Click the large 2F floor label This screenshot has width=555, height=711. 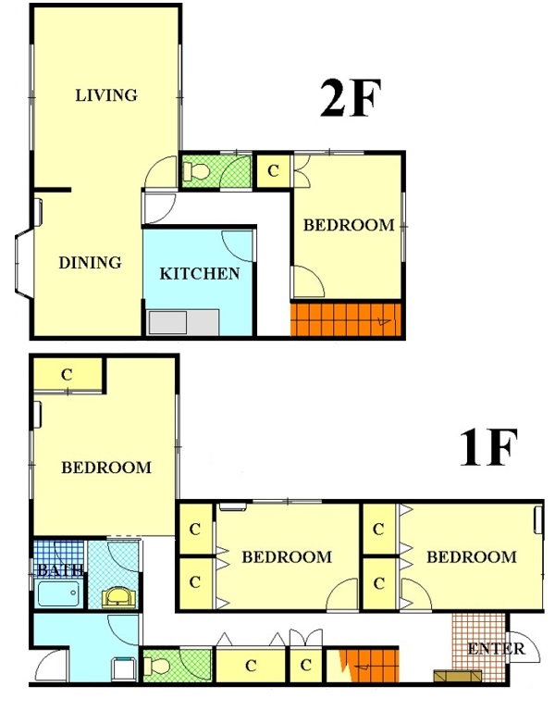[x=350, y=98]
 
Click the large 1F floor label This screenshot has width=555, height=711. [x=488, y=448]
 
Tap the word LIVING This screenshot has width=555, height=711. [x=106, y=95]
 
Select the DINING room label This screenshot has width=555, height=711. [x=90, y=262]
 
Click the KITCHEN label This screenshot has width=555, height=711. [x=200, y=273]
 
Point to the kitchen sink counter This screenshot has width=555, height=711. [x=183, y=322]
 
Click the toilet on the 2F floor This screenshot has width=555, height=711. [x=196, y=172]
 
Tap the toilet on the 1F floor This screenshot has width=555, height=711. [x=156, y=667]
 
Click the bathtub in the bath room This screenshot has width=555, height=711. [x=58, y=593]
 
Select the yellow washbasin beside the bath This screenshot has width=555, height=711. [x=118, y=597]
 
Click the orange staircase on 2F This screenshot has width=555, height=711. [x=346, y=319]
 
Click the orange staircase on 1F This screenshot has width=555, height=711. [x=368, y=666]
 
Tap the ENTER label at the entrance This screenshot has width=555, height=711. [x=496, y=648]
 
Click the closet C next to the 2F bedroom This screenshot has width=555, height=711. [x=273, y=171]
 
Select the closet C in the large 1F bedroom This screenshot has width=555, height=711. [x=67, y=375]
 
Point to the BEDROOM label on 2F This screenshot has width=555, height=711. [x=349, y=225]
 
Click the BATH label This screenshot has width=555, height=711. [x=60, y=569]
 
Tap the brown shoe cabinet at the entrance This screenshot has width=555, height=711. [x=458, y=676]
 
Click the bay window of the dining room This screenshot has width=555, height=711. [x=22, y=263]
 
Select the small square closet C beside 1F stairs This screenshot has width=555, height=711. [x=306, y=666]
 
